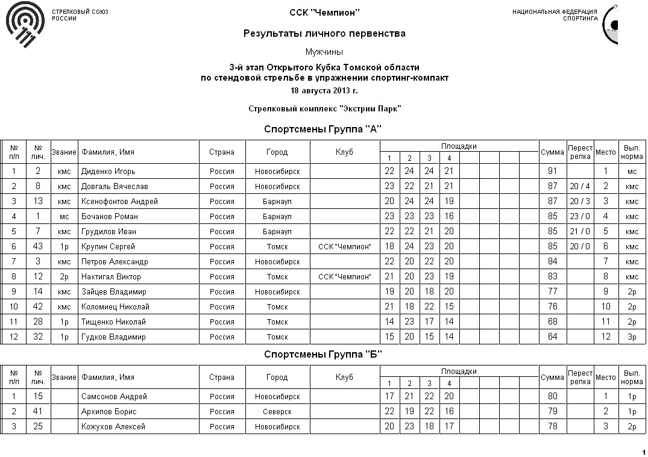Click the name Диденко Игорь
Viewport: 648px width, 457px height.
109,172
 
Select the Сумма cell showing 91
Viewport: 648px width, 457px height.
552,172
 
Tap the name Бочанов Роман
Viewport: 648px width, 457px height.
110,217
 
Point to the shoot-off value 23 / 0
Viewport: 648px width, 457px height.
580,217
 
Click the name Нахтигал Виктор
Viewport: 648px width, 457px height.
111,277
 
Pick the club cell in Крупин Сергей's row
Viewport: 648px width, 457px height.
344,247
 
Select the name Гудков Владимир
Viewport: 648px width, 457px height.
113,337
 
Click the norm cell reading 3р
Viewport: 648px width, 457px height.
632,337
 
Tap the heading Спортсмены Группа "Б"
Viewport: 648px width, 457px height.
323,354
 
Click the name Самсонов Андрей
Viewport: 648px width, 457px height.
114,397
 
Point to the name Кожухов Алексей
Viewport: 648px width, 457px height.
113,427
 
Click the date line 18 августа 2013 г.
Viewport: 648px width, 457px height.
324,90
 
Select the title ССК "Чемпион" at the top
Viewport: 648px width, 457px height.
324,13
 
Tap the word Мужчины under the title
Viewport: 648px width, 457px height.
324,52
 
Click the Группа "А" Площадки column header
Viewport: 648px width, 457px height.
459,146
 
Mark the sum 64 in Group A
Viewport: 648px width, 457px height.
552,337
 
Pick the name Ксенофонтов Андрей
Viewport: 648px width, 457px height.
119,202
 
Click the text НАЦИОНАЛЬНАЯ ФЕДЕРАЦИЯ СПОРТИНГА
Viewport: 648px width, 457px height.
555,15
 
